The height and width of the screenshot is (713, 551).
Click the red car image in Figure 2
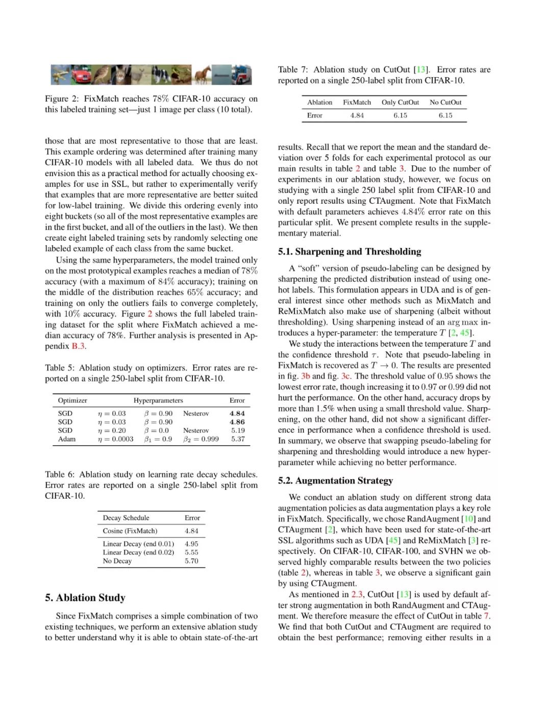click(82, 75)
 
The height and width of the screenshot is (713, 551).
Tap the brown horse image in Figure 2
click(203, 75)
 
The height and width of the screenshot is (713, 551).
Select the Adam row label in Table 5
click(67, 439)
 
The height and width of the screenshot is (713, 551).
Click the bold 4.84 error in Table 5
click(237, 413)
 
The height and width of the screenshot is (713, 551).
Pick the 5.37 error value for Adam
click(238, 439)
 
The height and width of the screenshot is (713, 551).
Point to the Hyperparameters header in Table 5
click(158, 401)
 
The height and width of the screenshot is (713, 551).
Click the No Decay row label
click(117, 561)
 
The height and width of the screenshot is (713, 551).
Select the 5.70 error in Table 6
click(191, 561)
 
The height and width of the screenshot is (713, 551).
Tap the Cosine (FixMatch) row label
click(130, 531)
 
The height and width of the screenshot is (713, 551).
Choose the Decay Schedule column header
click(126, 518)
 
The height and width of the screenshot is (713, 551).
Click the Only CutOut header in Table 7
click(400, 103)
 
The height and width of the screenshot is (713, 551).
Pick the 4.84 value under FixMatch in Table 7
click(357, 115)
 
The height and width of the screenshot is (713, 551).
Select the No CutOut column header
click(445, 103)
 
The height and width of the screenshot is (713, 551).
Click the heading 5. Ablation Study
click(85, 598)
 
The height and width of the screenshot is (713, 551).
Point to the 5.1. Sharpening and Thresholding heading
click(349, 252)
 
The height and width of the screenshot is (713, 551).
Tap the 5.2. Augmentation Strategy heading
click(335, 481)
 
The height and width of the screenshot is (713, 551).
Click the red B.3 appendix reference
click(78, 346)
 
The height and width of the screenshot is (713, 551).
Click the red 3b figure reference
click(306, 376)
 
